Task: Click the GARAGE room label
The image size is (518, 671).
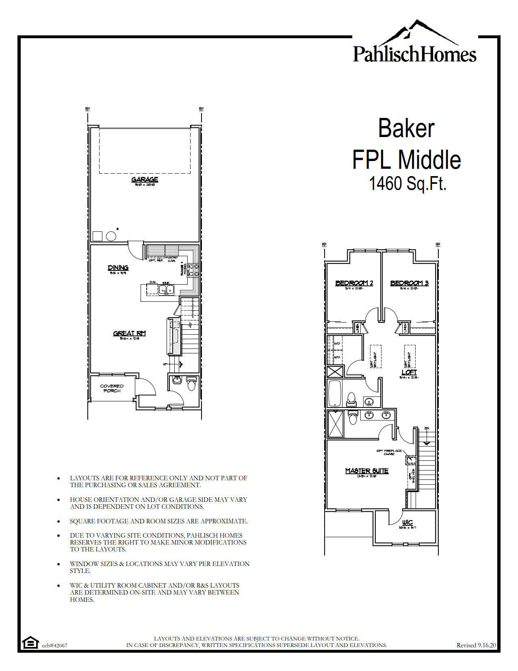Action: pyautogui.click(x=145, y=180)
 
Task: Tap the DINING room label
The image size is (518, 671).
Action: pyautogui.click(x=118, y=268)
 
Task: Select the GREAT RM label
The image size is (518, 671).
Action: pyautogui.click(x=129, y=333)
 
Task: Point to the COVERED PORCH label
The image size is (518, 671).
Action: pyautogui.click(x=112, y=388)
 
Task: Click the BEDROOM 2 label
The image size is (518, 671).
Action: pyautogui.click(x=354, y=283)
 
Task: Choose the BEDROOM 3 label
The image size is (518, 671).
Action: pyautogui.click(x=409, y=283)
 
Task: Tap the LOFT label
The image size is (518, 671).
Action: pyautogui.click(x=409, y=372)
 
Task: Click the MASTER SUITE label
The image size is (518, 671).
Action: pyautogui.click(x=366, y=471)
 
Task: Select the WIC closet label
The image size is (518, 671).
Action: pyautogui.click(x=407, y=523)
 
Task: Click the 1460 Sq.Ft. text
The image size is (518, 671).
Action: pyautogui.click(x=407, y=184)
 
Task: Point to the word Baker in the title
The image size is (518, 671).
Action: pyautogui.click(x=406, y=128)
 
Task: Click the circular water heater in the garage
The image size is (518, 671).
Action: pyautogui.click(x=111, y=236)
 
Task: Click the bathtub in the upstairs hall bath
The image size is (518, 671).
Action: pyautogui.click(x=334, y=393)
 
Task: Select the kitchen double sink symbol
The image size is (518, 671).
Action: pyautogui.click(x=166, y=290)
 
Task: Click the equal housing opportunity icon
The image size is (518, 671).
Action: pyautogui.click(x=29, y=643)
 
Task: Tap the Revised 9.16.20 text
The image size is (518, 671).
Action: pyautogui.click(x=476, y=645)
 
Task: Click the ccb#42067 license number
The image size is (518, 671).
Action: pyautogui.click(x=54, y=645)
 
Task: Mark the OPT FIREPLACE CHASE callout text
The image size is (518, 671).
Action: pyautogui.click(x=389, y=452)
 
